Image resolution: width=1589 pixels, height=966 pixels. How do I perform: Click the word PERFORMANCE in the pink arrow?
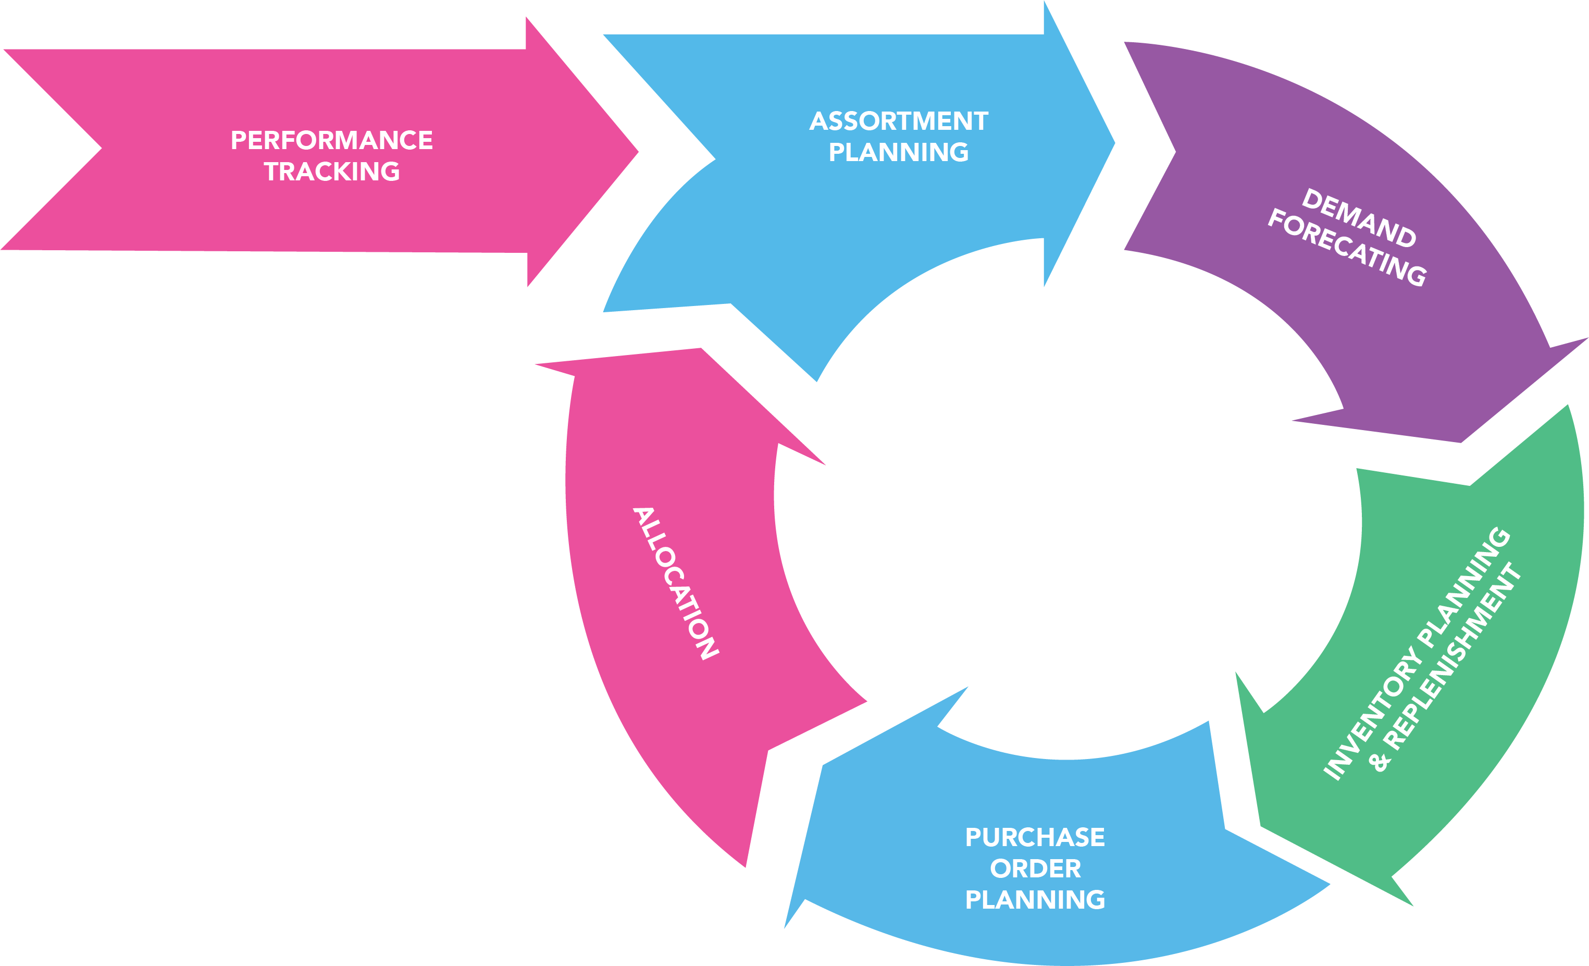pyautogui.click(x=331, y=140)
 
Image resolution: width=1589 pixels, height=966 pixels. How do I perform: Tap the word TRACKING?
pyautogui.click(x=331, y=172)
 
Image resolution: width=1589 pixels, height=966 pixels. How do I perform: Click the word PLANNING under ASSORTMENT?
pyautogui.click(x=898, y=152)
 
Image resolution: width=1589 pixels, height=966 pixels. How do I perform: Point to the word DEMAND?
pyautogui.click(x=1359, y=218)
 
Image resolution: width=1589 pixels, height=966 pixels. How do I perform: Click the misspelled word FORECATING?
pyautogui.click(x=1347, y=247)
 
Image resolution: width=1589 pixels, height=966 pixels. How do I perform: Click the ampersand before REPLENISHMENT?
pyautogui.click(x=1380, y=762)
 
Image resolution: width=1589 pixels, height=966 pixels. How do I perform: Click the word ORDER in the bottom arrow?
pyautogui.click(x=1035, y=869)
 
